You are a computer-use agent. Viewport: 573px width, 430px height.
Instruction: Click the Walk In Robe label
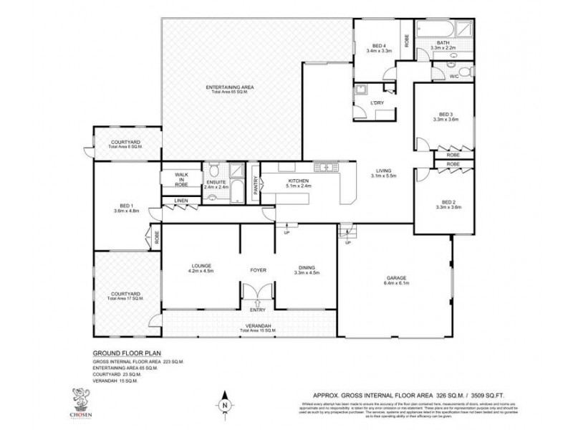[180, 179]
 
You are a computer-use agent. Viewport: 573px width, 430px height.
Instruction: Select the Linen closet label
[180, 200]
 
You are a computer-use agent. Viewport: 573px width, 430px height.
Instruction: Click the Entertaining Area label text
[231, 87]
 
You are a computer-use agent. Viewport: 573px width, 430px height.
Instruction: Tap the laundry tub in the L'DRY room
[361, 91]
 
